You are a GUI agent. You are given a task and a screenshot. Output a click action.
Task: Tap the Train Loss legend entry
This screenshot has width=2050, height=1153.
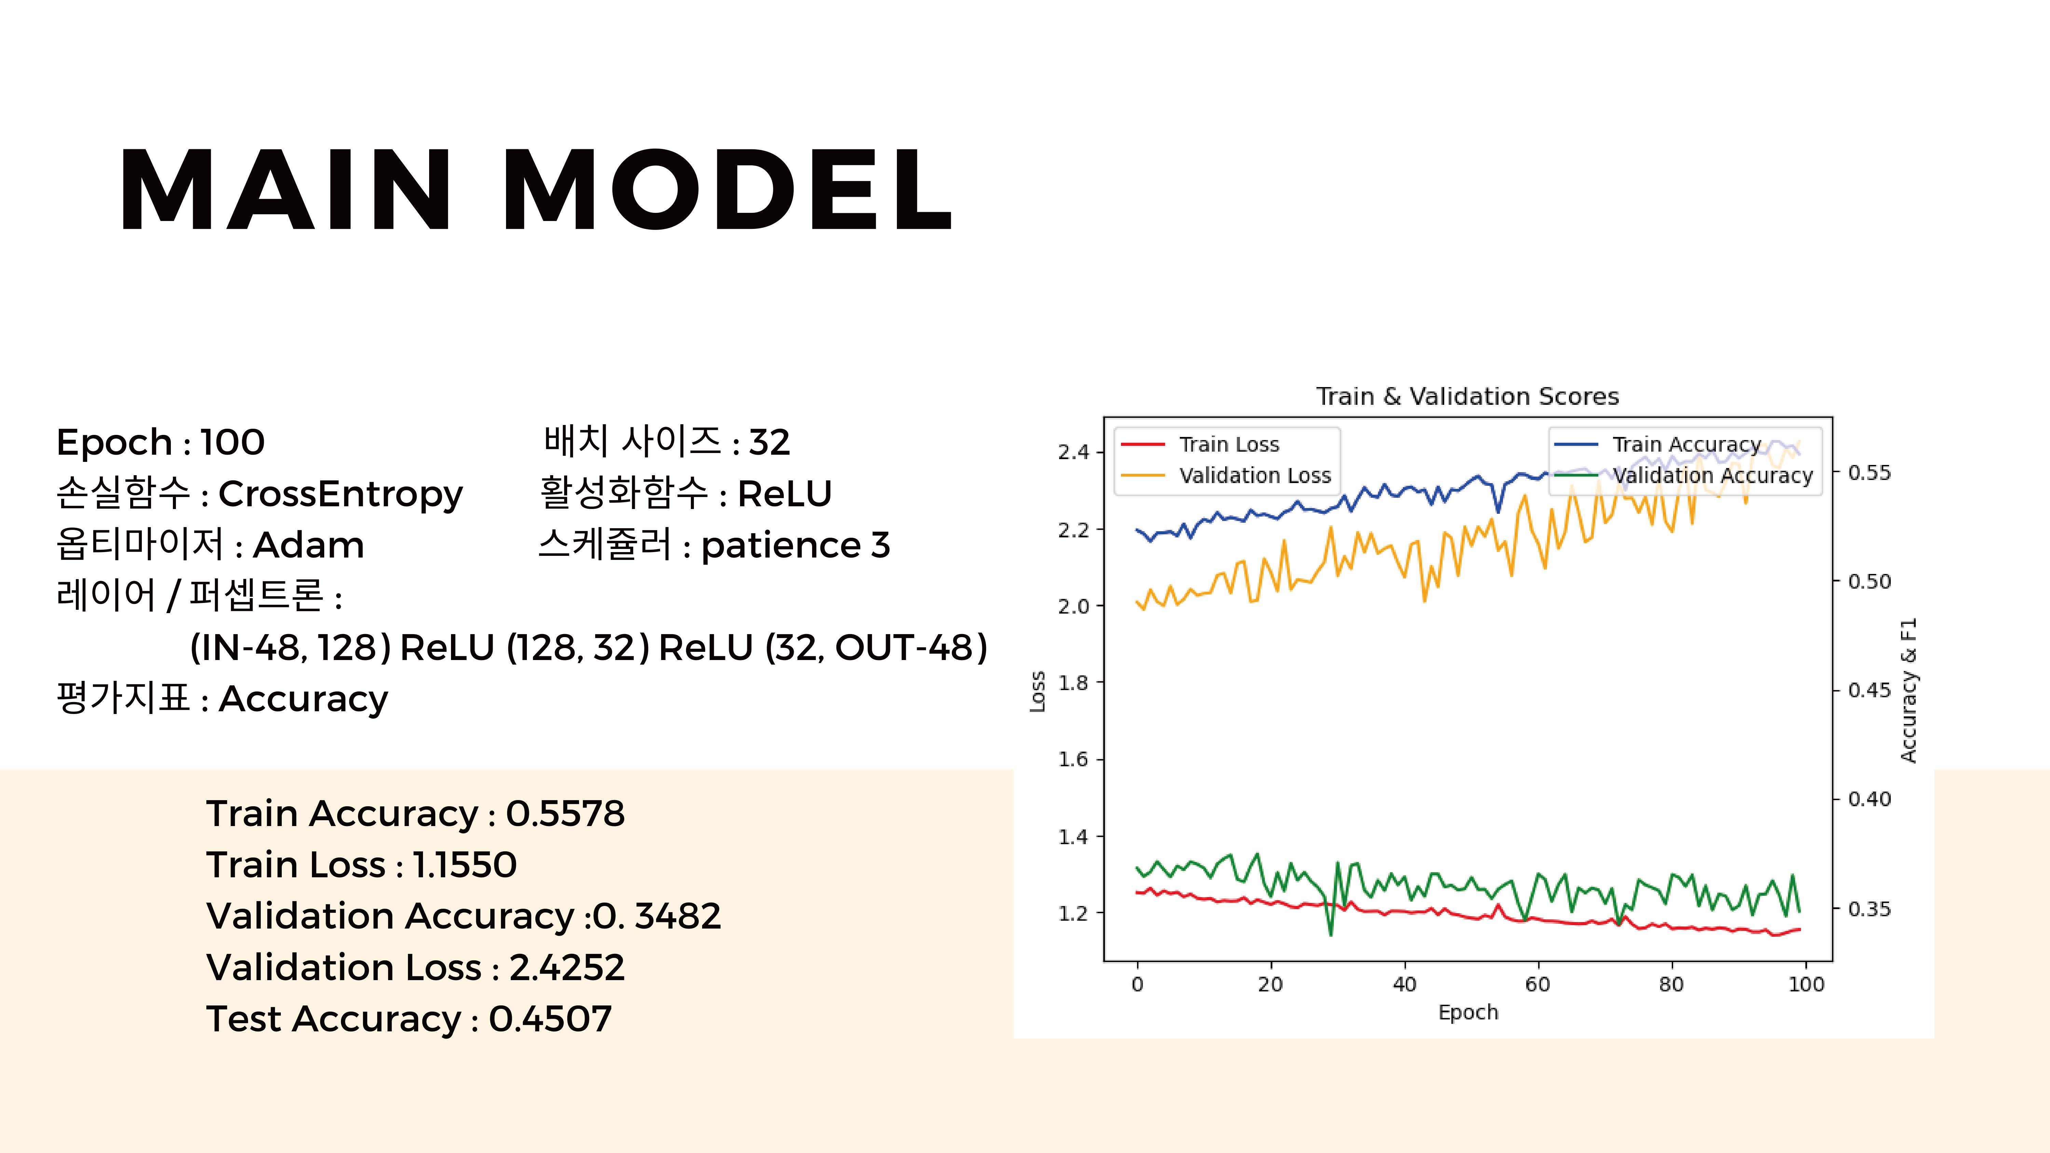(1200, 444)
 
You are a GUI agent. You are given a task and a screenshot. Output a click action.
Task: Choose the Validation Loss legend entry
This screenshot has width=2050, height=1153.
(1226, 476)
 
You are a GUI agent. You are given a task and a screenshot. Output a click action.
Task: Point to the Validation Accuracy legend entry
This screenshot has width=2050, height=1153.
(1683, 476)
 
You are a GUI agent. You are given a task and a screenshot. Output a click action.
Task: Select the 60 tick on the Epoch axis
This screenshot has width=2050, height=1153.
(1537, 984)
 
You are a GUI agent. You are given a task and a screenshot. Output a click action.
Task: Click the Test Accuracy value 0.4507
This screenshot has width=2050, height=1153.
(550, 1018)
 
